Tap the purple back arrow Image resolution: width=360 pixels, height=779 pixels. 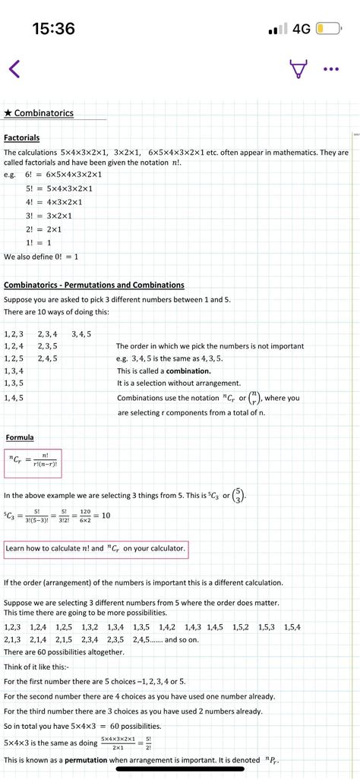[x=14, y=69]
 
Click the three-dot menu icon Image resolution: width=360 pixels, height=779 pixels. [x=330, y=69]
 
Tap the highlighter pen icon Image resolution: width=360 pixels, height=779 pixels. [x=299, y=69]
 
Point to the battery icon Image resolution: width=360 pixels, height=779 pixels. [x=329, y=29]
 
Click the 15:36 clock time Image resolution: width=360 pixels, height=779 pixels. [x=53, y=29]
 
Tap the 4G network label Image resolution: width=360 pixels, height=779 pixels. [x=302, y=29]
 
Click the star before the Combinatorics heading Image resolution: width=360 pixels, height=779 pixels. [x=8, y=113]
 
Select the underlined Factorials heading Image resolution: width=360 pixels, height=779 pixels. [x=21, y=138]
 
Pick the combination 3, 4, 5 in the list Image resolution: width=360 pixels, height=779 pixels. [x=81, y=333]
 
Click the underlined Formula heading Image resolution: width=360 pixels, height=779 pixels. [x=19, y=437]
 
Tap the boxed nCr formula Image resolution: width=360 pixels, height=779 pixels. [x=33, y=462]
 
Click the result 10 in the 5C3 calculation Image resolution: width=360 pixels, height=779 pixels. [x=106, y=515]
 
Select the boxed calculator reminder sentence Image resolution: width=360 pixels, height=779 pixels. [x=95, y=548]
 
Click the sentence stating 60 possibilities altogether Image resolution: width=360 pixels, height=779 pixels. [x=64, y=651]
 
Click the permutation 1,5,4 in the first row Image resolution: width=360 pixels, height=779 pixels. [x=292, y=626]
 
